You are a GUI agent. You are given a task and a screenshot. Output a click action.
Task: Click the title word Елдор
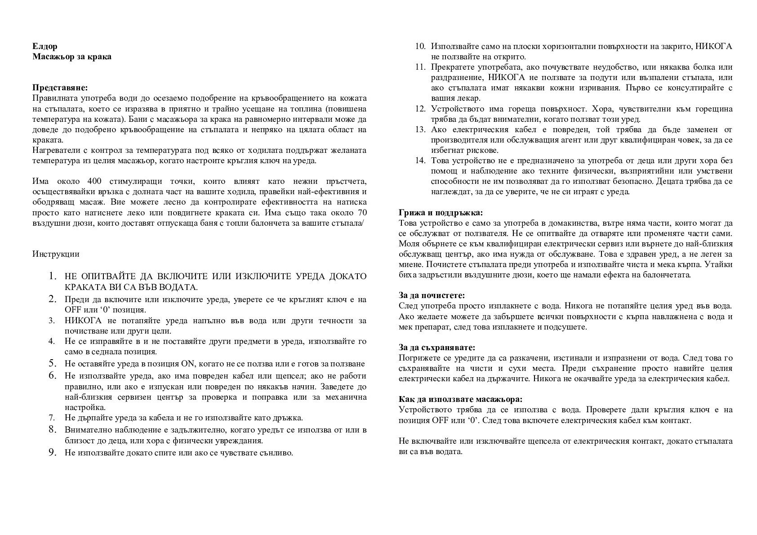coord(45,47)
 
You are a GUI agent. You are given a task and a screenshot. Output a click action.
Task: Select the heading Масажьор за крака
coord(72,57)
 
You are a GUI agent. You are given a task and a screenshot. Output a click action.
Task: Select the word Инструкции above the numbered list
coord(56,254)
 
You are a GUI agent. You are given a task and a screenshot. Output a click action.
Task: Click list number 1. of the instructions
coord(53,276)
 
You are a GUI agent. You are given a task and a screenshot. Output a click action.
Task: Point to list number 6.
coord(53,375)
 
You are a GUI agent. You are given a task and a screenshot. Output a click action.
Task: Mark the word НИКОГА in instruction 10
coord(714,47)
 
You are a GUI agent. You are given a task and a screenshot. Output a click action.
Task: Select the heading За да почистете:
coord(432,295)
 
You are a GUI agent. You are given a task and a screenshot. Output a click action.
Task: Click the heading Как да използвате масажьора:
coord(460,399)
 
